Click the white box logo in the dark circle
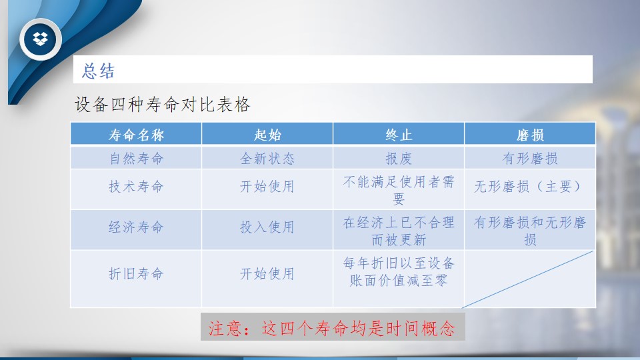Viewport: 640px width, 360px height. [x=40, y=39]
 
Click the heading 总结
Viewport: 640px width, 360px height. [x=99, y=71]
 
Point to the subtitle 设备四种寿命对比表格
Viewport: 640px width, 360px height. [x=162, y=105]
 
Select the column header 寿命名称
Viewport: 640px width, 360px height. [x=136, y=135]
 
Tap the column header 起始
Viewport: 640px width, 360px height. [x=267, y=135]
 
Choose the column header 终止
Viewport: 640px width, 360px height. [x=399, y=135]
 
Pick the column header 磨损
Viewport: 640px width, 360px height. [x=530, y=135]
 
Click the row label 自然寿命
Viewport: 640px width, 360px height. [x=136, y=159]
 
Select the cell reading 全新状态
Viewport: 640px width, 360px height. [x=267, y=159]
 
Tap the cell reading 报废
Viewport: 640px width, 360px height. [x=399, y=159]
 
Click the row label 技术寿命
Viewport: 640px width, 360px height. [x=136, y=187]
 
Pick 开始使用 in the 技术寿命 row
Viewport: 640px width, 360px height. [x=267, y=187]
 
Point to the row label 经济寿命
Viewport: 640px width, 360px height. [x=136, y=227]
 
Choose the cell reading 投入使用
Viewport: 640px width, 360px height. [x=267, y=227]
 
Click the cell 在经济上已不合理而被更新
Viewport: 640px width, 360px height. [x=399, y=231]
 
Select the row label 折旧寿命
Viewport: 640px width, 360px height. [x=136, y=273]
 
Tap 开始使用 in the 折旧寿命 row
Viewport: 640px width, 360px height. [x=267, y=273]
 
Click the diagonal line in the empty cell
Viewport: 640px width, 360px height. [x=527, y=279]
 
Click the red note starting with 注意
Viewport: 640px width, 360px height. [x=332, y=328]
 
